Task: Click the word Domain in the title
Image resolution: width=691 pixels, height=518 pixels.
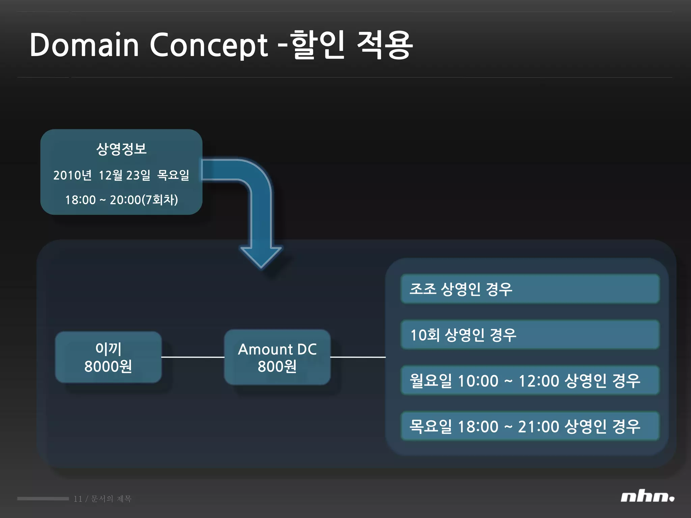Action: [x=84, y=45]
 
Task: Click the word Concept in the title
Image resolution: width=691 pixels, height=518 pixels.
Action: [x=209, y=45]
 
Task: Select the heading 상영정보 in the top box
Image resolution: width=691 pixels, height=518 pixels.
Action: [x=121, y=149]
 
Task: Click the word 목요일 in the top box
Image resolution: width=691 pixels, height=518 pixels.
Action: [x=173, y=175]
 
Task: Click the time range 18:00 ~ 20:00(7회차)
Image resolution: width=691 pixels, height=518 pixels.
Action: [x=121, y=200]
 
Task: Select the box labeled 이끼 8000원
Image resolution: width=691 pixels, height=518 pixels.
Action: [x=108, y=357]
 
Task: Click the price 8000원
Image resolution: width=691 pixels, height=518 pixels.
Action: [x=108, y=367]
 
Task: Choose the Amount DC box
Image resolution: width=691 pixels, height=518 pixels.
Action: [x=277, y=357]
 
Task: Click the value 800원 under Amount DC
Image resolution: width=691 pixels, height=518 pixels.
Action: [x=277, y=367]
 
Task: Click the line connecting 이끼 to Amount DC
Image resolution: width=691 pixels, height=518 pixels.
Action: [x=193, y=357]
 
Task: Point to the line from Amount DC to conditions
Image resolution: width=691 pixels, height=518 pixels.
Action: [x=358, y=357]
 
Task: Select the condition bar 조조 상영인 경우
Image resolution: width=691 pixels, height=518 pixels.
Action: [x=530, y=289]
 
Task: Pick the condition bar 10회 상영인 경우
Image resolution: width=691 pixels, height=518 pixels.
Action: [x=530, y=335]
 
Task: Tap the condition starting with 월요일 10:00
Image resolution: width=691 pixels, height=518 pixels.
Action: [x=530, y=381]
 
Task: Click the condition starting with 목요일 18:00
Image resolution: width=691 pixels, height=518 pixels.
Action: [x=530, y=426]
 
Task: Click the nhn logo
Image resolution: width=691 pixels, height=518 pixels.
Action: [x=647, y=497]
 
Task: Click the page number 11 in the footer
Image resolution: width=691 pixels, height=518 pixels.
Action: [x=78, y=499]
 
